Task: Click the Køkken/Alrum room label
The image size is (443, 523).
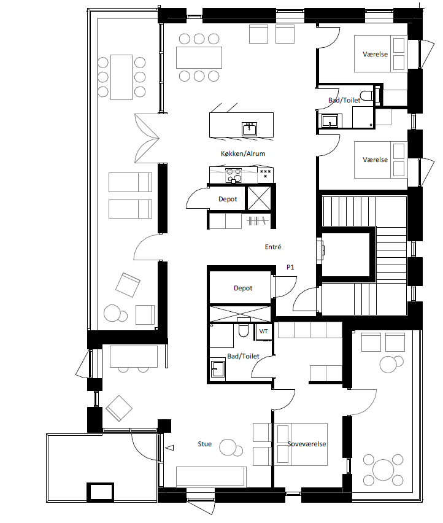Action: (x=243, y=153)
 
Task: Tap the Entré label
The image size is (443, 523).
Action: (x=273, y=247)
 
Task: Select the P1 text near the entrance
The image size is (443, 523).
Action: (x=290, y=267)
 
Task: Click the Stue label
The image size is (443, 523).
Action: (x=205, y=444)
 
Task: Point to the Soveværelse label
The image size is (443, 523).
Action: (x=307, y=444)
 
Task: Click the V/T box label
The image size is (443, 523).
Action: (x=263, y=331)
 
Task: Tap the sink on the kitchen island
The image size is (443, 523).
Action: (x=249, y=129)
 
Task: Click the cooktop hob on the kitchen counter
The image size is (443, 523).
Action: (x=233, y=176)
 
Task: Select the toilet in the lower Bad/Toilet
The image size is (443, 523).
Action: (x=244, y=328)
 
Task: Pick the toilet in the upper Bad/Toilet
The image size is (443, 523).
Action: (x=366, y=95)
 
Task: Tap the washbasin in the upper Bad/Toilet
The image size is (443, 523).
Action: (x=329, y=120)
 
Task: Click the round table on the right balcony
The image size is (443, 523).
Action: (x=383, y=470)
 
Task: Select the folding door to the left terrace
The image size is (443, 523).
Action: (x=147, y=138)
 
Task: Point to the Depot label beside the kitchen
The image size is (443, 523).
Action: (x=228, y=199)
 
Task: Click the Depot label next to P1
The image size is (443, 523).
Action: (x=243, y=288)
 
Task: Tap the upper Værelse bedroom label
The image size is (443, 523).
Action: (x=375, y=54)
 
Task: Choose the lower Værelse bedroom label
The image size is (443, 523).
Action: (x=375, y=160)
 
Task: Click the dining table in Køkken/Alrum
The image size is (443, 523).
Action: (x=199, y=58)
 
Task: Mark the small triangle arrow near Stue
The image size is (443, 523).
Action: (x=170, y=447)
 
